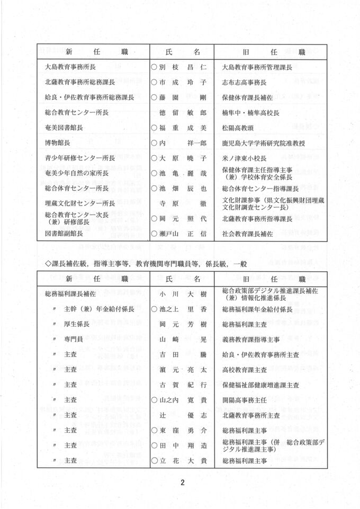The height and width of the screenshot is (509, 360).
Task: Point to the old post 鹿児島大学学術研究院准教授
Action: click(x=263, y=143)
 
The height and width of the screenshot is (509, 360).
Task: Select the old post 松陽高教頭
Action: click(x=239, y=128)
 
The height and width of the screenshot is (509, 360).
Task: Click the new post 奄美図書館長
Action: click(x=64, y=128)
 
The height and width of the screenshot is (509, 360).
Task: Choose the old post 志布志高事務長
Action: click(x=244, y=83)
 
